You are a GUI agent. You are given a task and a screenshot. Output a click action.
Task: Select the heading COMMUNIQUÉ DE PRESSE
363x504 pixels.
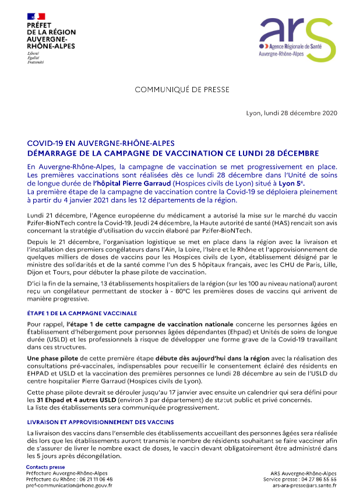pyautogui.click(x=182, y=90)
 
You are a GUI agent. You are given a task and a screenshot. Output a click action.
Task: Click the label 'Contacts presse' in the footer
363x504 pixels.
pyautogui.click(x=45, y=467)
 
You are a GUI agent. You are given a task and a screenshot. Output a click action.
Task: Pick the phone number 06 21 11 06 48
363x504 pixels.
pyautogui.click(x=97, y=479)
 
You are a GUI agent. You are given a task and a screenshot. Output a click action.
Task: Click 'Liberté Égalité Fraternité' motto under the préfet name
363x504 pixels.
pyautogui.click(x=36, y=58)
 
